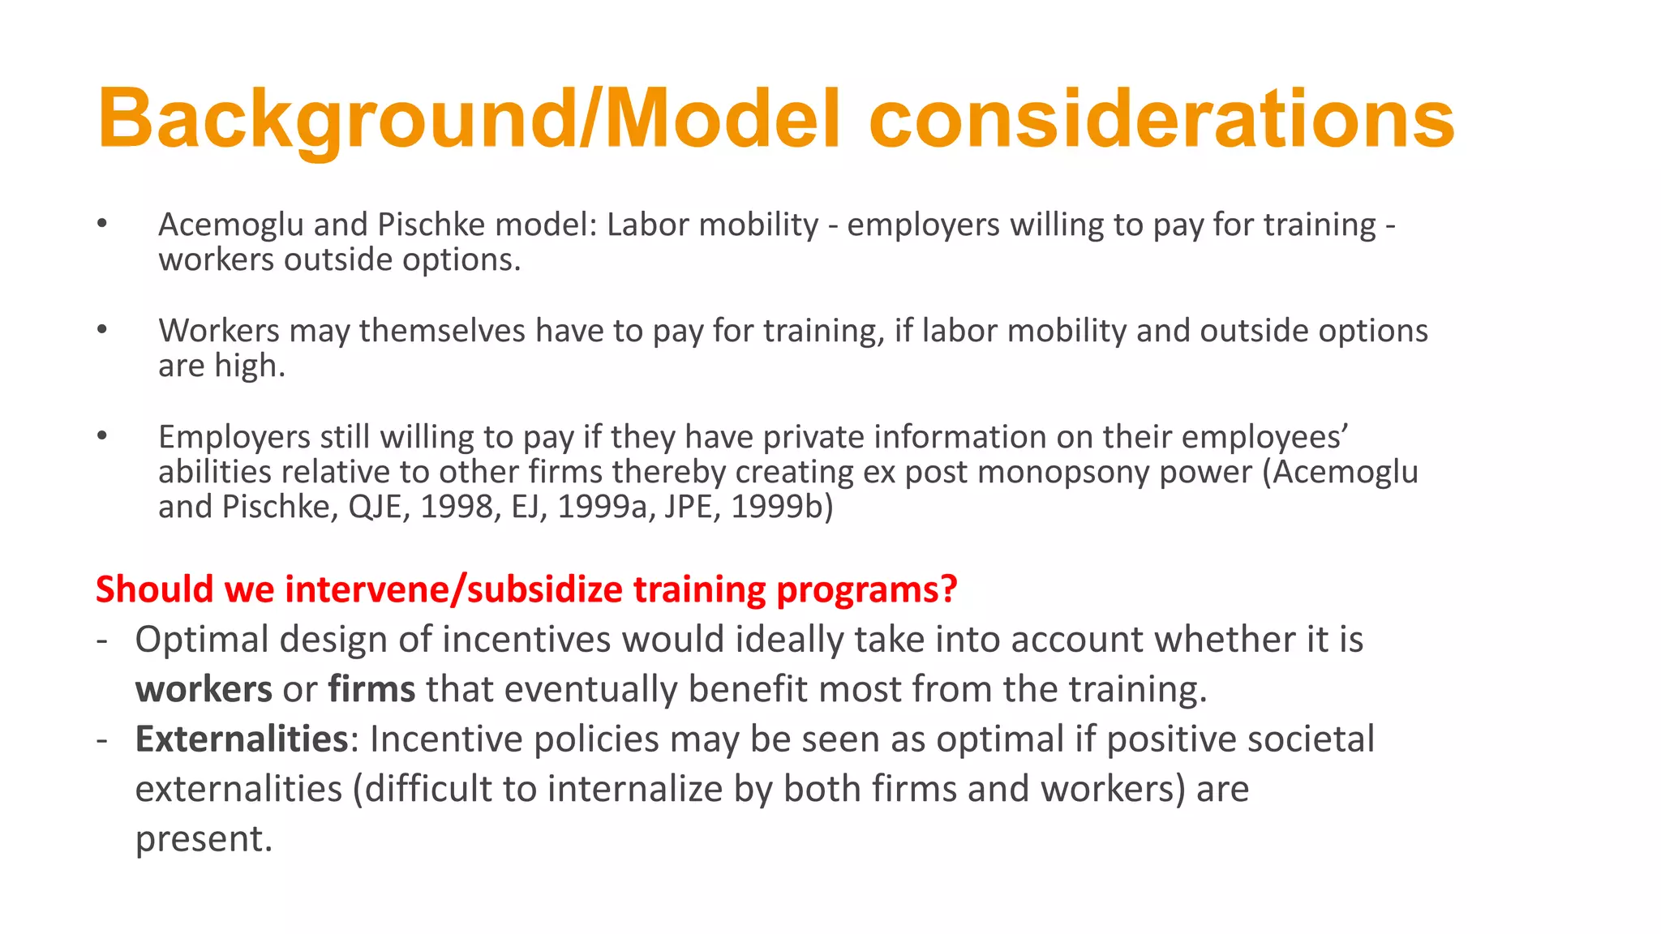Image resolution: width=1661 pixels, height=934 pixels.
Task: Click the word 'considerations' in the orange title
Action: click(x=1161, y=120)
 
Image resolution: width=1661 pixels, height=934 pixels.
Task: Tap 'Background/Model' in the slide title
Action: click(x=469, y=120)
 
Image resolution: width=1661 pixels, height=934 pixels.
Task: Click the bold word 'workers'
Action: click(x=204, y=689)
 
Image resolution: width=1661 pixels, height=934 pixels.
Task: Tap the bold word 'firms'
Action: click(x=371, y=689)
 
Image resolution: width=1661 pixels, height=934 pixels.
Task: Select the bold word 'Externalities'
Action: click(x=242, y=739)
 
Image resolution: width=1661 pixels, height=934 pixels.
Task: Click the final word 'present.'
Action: click(x=204, y=839)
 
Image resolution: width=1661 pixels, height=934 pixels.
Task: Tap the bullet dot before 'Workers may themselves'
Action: click(x=101, y=329)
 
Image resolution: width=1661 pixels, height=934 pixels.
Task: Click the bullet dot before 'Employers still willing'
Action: click(x=101, y=435)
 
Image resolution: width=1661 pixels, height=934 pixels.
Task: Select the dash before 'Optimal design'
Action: click(x=101, y=640)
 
